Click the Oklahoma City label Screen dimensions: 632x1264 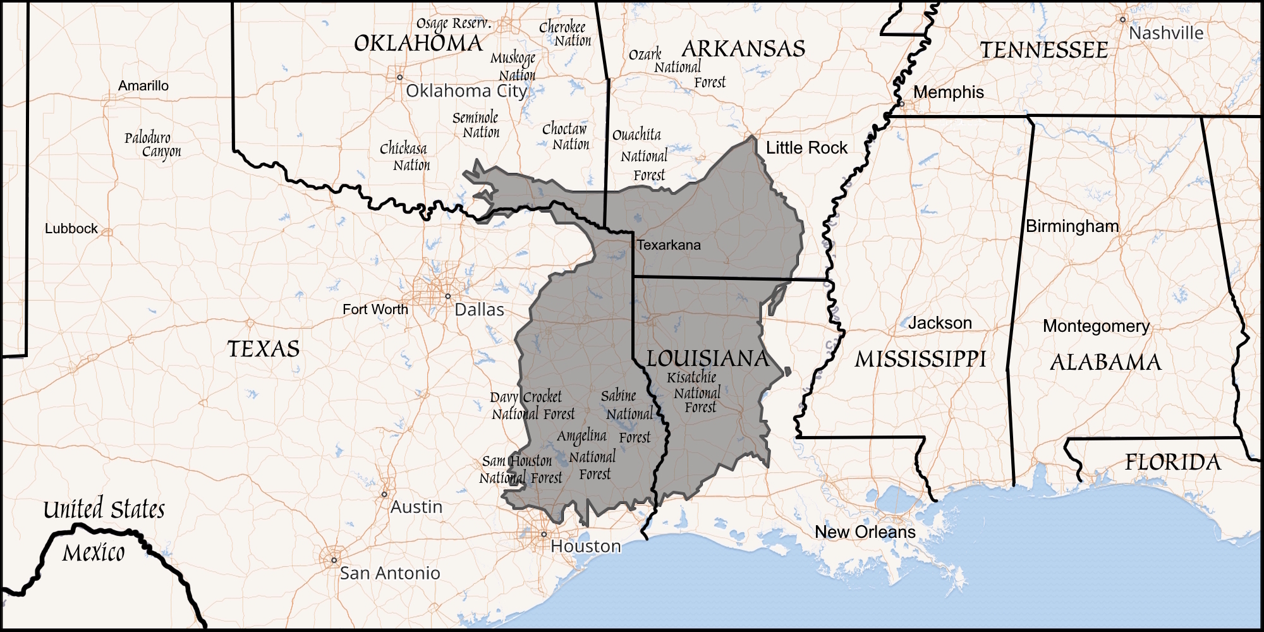[x=466, y=91]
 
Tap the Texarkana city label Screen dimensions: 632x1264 [x=668, y=245]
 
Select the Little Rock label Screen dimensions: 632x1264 [x=806, y=148]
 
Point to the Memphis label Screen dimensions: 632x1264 [x=948, y=92]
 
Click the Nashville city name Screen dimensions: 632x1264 [x=1166, y=33]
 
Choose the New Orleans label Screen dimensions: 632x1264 [x=865, y=532]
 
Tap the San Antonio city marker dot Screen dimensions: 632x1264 [x=334, y=560]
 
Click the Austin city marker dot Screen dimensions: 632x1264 [x=384, y=494]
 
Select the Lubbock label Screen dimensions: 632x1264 [x=71, y=229]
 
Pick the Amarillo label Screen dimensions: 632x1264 [x=143, y=86]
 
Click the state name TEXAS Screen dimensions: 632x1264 [x=263, y=349]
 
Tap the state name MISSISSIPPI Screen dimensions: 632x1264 [x=920, y=360]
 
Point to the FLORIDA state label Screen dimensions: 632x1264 [x=1172, y=463]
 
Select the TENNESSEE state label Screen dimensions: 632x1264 [x=1043, y=51]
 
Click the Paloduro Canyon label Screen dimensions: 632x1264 [x=152, y=145]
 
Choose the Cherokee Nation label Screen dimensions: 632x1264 [x=564, y=34]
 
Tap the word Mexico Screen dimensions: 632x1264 [x=94, y=553]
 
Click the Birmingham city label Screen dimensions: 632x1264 [x=1072, y=226]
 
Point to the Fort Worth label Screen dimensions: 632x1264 [x=375, y=310]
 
